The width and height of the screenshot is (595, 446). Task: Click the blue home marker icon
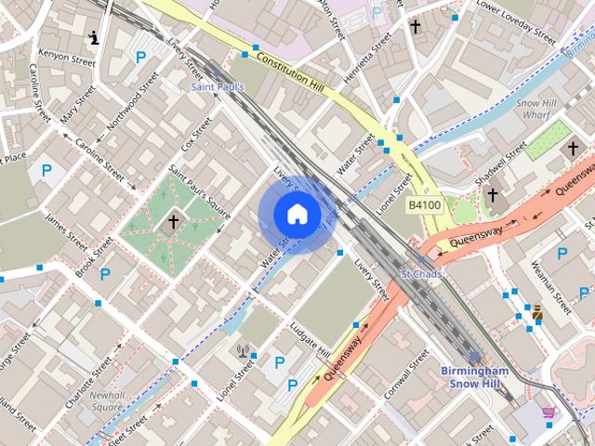click(x=297, y=214)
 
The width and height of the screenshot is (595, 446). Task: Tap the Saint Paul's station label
click(x=218, y=86)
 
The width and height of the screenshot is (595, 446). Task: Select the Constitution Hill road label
click(x=277, y=72)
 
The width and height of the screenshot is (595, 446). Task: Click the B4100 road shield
click(x=425, y=203)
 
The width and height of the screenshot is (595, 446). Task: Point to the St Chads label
click(x=421, y=275)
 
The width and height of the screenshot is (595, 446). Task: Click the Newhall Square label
click(x=107, y=400)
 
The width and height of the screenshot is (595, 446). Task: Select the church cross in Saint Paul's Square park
click(x=173, y=221)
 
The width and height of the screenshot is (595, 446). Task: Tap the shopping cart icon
click(x=549, y=412)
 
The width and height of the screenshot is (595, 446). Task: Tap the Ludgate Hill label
click(x=310, y=342)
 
